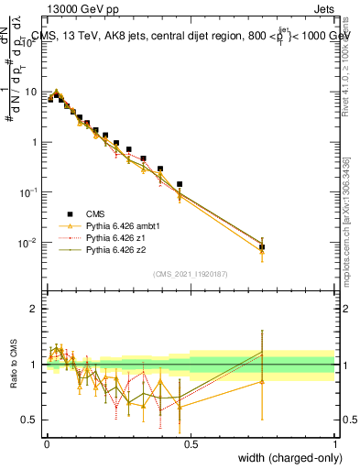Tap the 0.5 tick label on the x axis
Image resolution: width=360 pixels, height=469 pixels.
(x=191, y=442)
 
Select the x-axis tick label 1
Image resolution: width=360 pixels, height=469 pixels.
(x=335, y=442)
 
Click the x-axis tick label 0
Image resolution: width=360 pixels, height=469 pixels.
(x=47, y=442)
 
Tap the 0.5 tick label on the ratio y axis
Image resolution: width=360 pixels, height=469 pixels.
(x=31, y=420)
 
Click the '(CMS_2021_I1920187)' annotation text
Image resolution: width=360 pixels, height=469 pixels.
(x=190, y=274)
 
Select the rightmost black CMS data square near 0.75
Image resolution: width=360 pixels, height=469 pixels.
(x=262, y=246)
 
